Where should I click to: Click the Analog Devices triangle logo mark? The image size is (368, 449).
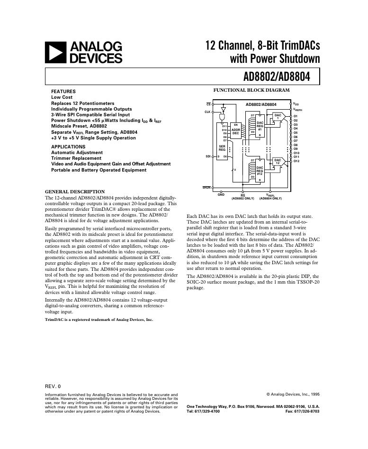click(x=56, y=52)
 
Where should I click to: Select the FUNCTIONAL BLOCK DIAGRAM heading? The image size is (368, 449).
click(x=251, y=90)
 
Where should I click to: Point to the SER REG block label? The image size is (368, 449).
click(x=222, y=148)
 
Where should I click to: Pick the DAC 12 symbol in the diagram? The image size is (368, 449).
click(x=278, y=162)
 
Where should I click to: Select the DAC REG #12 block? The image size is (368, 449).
click(x=260, y=170)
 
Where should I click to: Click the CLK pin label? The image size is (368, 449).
click(x=207, y=112)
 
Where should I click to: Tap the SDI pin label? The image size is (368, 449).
click(x=207, y=156)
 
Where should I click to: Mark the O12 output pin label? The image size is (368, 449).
click(x=296, y=161)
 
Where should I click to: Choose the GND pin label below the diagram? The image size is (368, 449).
click(x=221, y=195)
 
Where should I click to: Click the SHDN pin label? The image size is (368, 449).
click(x=206, y=188)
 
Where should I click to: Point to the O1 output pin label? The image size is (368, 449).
click(x=296, y=116)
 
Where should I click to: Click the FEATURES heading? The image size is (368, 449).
click(x=63, y=91)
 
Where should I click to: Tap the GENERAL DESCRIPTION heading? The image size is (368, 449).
click(x=74, y=192)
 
